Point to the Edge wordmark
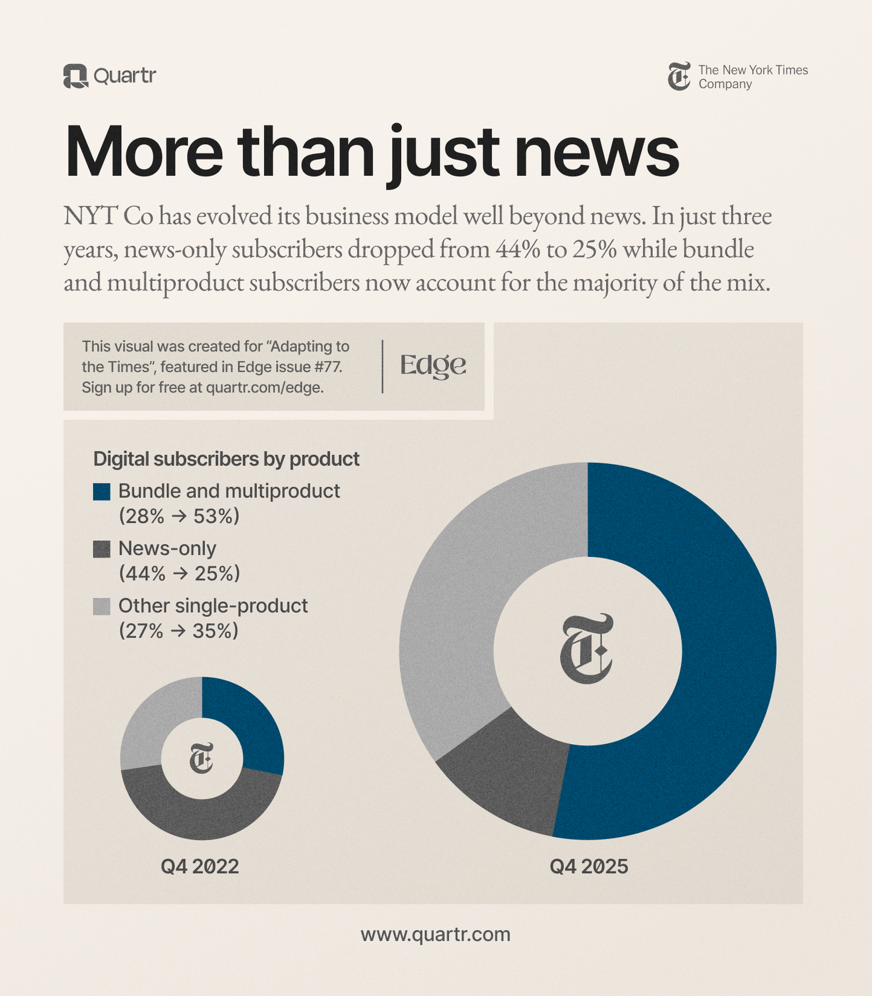[433, 366]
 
